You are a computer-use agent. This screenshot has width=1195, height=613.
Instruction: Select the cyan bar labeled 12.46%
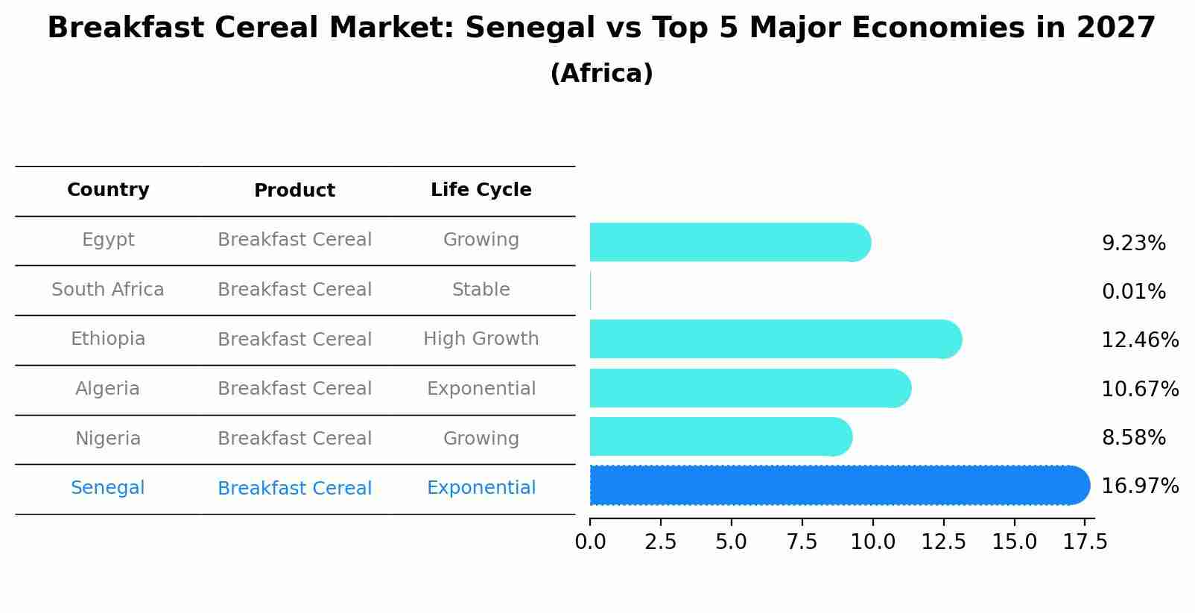click(x=775, y=339)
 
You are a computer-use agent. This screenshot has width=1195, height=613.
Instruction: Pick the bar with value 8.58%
click(x=720, y=436)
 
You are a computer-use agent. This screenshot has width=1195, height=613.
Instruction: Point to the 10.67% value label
click(x=1139, y=389)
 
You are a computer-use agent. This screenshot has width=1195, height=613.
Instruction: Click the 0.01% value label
click(x=1133, y=292)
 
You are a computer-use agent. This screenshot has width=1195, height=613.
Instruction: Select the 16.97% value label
click(x=1139, y=486)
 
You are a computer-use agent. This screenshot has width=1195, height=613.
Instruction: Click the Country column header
click(x=108, y=190)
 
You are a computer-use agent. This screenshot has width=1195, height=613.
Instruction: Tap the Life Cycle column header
click(x=481, y=190)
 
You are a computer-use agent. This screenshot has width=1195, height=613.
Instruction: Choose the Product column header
click(x=294, y=191)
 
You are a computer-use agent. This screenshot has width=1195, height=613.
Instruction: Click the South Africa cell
click(x=108, y=290)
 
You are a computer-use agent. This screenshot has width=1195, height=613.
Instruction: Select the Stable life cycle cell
click(x=481, y=290)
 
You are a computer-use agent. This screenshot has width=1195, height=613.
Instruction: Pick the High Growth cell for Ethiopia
click(x=481, y=339)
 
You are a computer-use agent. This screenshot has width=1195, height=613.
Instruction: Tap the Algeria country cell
click(x=108, y=389)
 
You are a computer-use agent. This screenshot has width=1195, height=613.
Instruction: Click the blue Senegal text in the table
click(x=108, y=488)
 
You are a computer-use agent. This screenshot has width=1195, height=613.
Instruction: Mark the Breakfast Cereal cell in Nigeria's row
click(x=294, y=439)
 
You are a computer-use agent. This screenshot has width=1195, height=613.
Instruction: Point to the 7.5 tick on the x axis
click(x=802, y=541)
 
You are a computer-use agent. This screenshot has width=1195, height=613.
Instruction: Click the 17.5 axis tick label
click(x=1085, y=541)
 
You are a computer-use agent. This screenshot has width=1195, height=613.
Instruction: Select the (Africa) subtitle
click(x=601, y=74)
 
